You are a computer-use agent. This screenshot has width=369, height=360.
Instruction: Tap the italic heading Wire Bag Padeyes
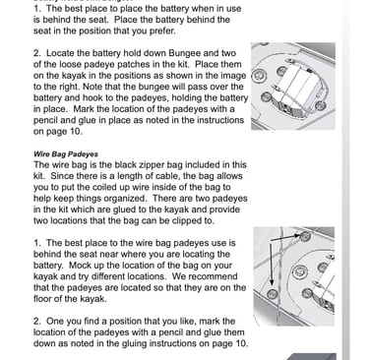[x=66, y=154]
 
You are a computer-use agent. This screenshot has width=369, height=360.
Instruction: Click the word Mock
[x=80, y=265]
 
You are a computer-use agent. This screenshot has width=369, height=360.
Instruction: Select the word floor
[x=43, y=298]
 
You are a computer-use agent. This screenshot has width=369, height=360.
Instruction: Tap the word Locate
[x=60, y=53]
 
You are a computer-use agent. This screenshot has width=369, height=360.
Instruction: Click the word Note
[x=93, y=87]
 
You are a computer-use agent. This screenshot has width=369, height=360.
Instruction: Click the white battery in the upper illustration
[x=294, y=89]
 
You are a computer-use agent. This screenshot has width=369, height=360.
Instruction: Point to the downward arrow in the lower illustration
[x=272, y=263]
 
